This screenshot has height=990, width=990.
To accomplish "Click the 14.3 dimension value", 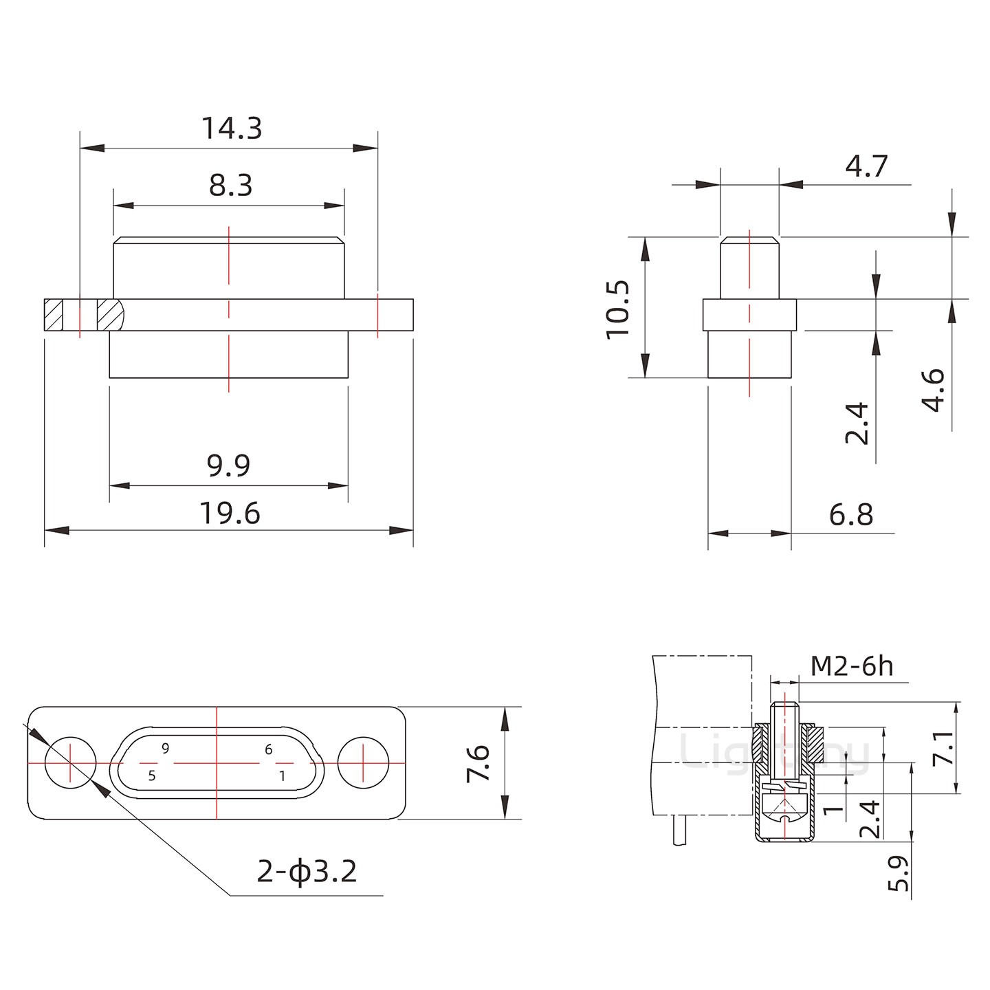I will (232, 129).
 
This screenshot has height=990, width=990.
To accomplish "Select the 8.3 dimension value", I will (231, 186).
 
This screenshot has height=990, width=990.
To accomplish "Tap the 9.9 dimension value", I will (229, 465).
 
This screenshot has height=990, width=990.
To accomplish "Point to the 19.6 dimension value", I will (230, 514).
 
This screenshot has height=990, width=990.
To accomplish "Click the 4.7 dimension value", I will (866, 166).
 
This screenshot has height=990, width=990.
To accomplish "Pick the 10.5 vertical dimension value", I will (618, 309).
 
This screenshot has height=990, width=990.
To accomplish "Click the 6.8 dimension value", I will (850, 514).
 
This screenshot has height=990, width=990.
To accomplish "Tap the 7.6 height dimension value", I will (478, 762).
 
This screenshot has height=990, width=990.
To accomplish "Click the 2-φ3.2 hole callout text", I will (307, 872).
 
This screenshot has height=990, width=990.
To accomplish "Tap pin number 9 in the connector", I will (166, 749).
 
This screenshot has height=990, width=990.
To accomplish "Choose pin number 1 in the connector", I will (282, 775).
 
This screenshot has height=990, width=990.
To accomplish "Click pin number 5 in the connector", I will (152, 775).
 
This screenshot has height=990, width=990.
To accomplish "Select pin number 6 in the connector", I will (268, 749).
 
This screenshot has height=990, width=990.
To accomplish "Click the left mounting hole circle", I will (70, 762).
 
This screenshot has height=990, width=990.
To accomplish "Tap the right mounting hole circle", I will (364, 762).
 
